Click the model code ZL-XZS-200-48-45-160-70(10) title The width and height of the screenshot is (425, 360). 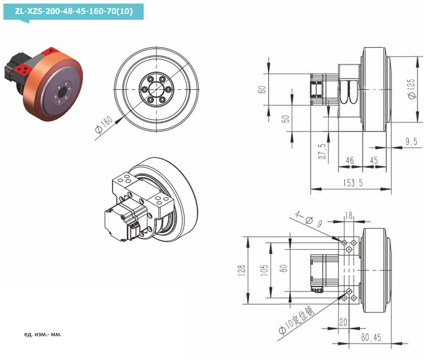[74, 11]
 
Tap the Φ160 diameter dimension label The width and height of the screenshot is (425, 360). [104, 124]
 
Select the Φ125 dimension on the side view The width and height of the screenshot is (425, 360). [411, 89]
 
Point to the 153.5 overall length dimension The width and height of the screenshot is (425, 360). [353, 183]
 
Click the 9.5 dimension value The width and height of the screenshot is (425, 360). [411, 141]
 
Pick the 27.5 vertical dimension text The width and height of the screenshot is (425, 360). [322, 151]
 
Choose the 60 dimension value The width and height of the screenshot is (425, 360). [262, 90]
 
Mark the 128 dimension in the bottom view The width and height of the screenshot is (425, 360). [241, 270]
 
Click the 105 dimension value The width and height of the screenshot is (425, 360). [264, 270]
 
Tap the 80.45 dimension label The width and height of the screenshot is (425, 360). [371, 337]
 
